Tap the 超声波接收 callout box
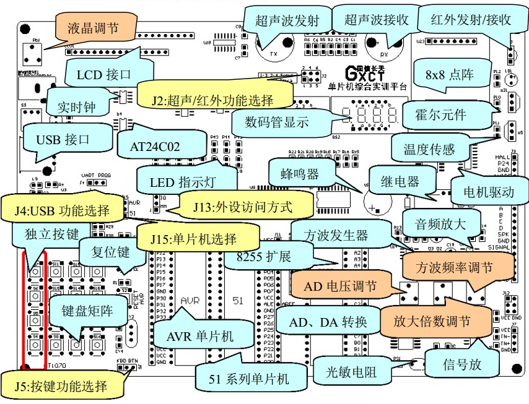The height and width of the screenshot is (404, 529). coord(376,20)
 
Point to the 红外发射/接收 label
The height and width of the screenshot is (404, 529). coord(471,19)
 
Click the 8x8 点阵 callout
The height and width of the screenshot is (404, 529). coord(450,75)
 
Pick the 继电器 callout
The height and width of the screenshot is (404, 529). coord(400,182)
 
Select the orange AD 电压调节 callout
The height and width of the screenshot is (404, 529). coord(339,286)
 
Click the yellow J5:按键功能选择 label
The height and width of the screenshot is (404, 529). coord(61,387)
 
